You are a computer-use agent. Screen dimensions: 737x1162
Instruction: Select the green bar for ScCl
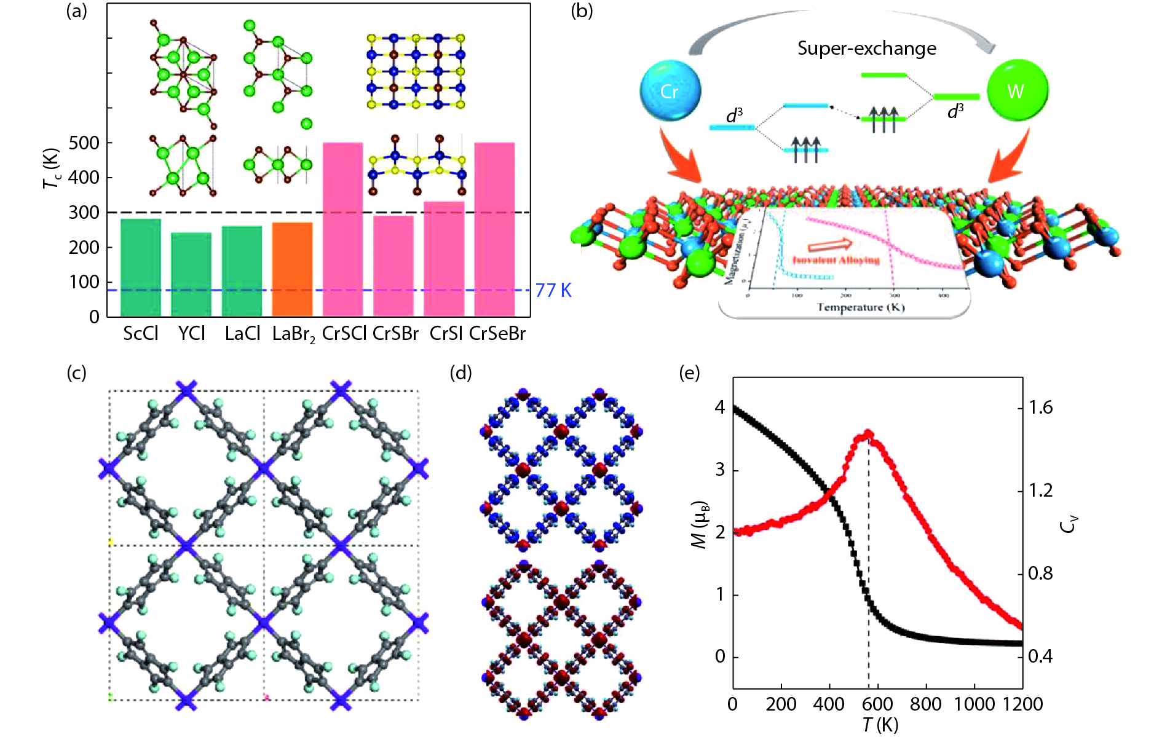click(141, 267)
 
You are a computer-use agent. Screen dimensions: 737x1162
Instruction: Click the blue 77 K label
click(553, 290)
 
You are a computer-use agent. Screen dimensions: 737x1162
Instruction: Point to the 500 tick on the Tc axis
click(84, 143)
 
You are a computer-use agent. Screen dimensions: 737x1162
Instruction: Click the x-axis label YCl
click(191, 334)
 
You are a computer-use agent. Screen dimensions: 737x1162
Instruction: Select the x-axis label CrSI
click(446, 334)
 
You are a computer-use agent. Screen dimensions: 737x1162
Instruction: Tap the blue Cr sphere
click(670, 91)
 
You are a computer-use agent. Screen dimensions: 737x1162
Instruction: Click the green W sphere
click(1017, 91)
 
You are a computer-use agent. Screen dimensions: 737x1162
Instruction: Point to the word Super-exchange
click(867, 49)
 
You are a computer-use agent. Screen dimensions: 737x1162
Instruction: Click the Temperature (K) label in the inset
click(860, 307)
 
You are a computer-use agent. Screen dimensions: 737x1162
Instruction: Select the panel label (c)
click(76, 372)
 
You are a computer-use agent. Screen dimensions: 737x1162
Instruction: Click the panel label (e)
click(689, 372)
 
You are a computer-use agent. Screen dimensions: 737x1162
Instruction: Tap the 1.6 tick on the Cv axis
click(1040, 408)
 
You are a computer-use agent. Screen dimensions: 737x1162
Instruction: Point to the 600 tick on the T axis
click(877, 703)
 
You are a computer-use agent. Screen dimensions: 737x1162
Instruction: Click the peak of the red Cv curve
click(868, 434)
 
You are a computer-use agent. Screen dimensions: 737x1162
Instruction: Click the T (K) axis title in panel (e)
click(880, 725)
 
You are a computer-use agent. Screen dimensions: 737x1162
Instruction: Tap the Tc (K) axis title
click(52, 168)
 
